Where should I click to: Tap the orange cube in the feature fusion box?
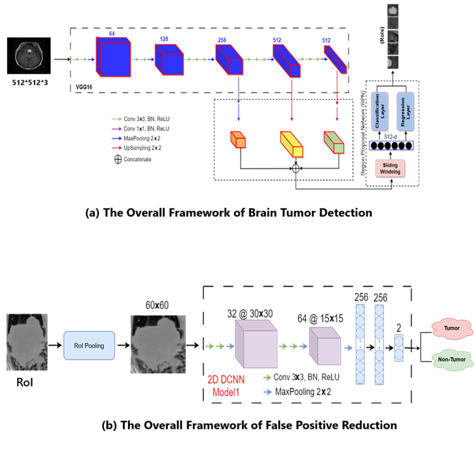[238, 141]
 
